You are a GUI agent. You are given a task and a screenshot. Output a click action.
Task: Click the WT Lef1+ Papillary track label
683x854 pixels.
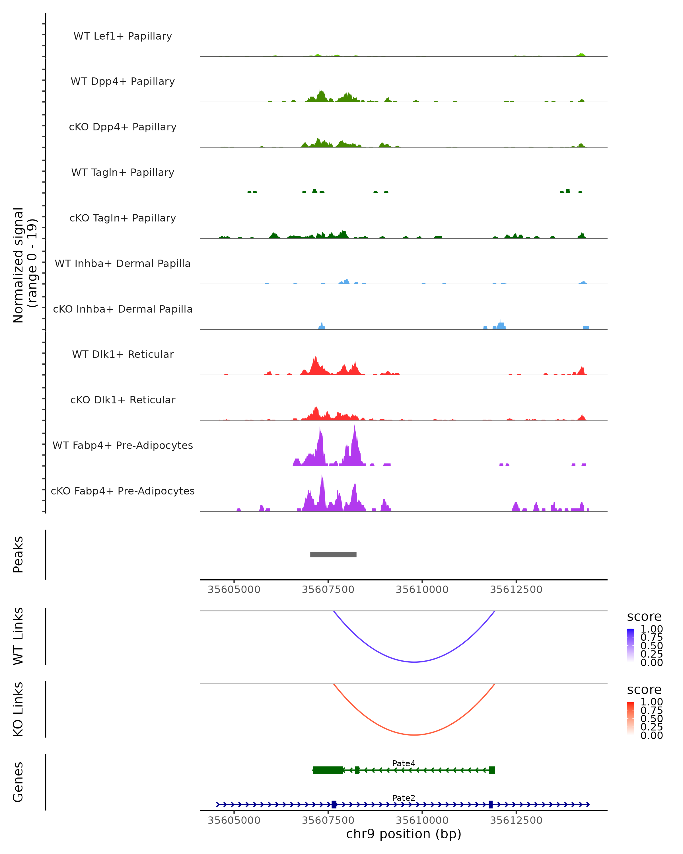[x=123, y=36]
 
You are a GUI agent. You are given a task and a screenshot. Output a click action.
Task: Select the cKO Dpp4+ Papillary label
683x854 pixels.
[x=123, y=127]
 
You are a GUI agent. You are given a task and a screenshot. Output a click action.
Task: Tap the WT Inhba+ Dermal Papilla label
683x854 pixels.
[x=123, y=263]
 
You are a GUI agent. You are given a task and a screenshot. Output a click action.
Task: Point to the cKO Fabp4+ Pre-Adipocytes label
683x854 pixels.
[x=123, y=491]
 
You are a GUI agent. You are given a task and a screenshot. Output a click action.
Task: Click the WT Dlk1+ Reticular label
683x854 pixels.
[x=123, y=354]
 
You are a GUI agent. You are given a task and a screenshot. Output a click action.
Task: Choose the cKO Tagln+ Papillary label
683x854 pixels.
[x=123, y=218]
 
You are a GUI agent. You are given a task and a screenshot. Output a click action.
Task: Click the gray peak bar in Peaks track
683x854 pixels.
[x=333, y=555]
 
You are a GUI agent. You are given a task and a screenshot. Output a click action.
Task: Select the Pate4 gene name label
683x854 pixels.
[x=404, y=763]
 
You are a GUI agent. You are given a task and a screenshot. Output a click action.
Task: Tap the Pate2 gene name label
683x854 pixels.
[x=404, y=798]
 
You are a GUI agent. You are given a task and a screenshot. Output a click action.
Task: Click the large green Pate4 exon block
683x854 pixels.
[x=328, y=770]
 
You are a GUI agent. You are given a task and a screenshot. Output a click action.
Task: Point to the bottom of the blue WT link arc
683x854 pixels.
[x=414, y=662]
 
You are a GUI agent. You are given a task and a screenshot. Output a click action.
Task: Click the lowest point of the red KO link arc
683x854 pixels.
[x=414, y=735]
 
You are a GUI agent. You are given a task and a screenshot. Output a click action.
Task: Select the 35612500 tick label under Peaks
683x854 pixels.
[x=516, y=590]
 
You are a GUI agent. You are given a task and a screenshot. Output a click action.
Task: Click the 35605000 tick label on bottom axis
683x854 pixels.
[x=234, y=820]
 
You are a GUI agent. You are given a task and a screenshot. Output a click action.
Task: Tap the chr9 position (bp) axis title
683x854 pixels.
[x=404, y=834]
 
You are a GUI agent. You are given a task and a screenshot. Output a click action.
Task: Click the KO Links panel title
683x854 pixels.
[x=18, y=709]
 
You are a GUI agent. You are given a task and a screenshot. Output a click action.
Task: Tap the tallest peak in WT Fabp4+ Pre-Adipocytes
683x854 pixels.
[x=354, y=427]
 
